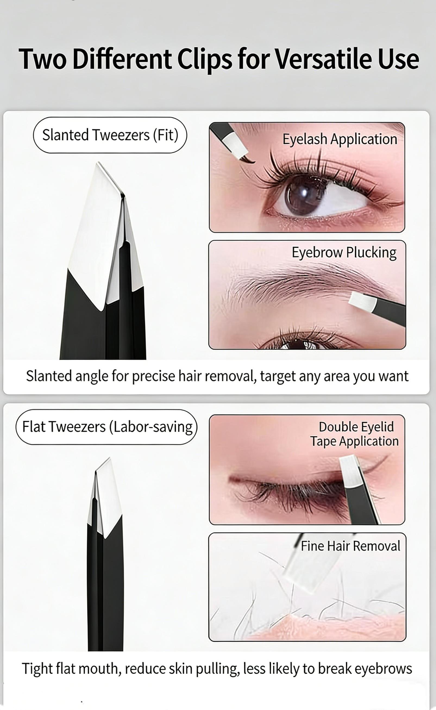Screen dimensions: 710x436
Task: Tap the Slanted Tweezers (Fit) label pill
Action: pos(110,135)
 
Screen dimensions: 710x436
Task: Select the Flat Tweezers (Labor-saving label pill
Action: pos(107,427)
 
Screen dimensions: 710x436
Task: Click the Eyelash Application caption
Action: pos(340,139)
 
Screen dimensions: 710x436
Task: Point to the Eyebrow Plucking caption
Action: pos(344,253)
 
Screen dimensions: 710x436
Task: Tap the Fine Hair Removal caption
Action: pos(350,546)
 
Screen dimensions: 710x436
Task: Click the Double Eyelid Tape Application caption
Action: pos(355,434)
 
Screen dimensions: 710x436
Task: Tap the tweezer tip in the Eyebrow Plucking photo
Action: pos(362,301)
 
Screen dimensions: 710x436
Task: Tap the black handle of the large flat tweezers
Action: pos(105,591)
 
